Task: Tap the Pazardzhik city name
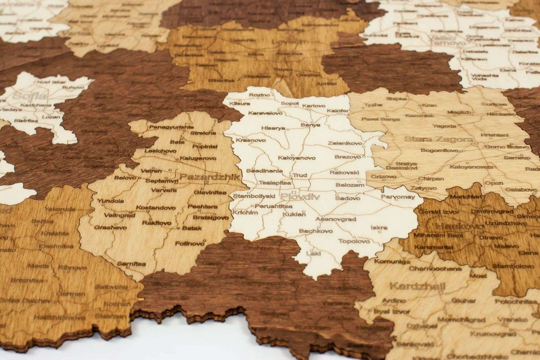point(209,176)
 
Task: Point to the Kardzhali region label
point(417,286)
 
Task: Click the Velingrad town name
point(119,215)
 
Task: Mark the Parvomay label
point(397,197)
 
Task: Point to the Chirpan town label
point(431,178)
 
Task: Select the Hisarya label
point(273,129)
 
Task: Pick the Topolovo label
point(354,241)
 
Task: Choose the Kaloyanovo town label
point(297,158)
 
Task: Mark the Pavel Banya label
point(380,119)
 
